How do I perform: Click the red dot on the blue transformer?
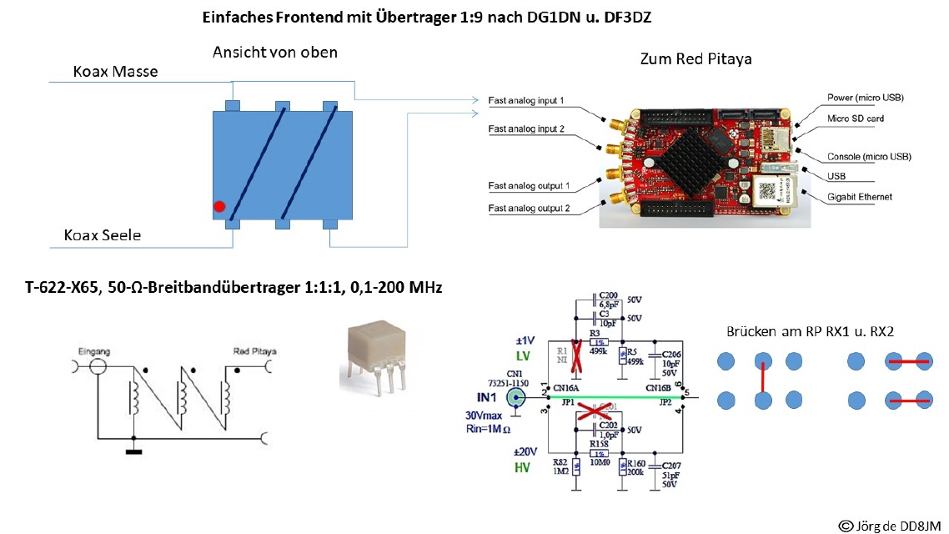pos(219,206)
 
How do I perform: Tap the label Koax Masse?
pos(115,72)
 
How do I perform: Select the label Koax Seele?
pos(103,235)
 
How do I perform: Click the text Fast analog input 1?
pos(526,101)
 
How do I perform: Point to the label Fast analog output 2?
pos(529,209)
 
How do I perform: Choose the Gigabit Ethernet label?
pos(859,197)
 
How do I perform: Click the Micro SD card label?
pos(856,118)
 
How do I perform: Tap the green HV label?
pos(523,468)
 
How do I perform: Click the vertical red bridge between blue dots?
pos(762,380)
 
